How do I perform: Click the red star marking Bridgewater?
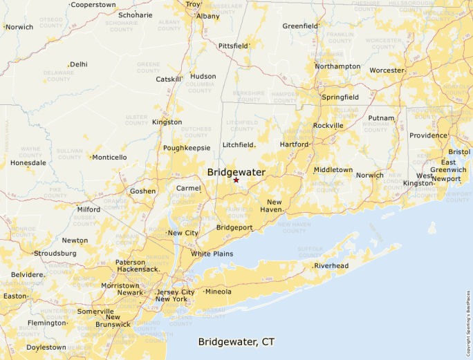click(236, 180)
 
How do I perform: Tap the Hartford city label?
click(294, 144)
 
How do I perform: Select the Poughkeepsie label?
click(187, 148)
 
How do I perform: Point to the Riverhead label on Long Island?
click(331, 265)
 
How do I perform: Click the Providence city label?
click(428, 135)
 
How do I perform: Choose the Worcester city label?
click(387, 70)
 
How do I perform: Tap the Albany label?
click(207, 16)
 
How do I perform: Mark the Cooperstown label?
click(93, 5)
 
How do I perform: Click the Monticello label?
click(109, 157)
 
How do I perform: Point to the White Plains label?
click(212, 254)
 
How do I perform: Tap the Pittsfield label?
click(232, 46)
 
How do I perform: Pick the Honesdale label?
click(28, 163)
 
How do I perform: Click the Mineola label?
click(219, 292)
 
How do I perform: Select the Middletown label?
click(333, 169)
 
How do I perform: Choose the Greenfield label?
click(300, 26)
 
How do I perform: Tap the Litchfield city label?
click(238, 144)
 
